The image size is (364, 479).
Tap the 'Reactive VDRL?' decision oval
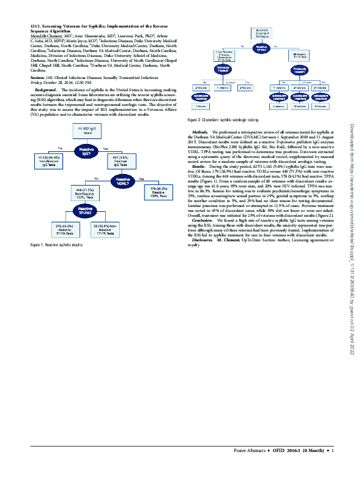(x=120, y=180)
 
